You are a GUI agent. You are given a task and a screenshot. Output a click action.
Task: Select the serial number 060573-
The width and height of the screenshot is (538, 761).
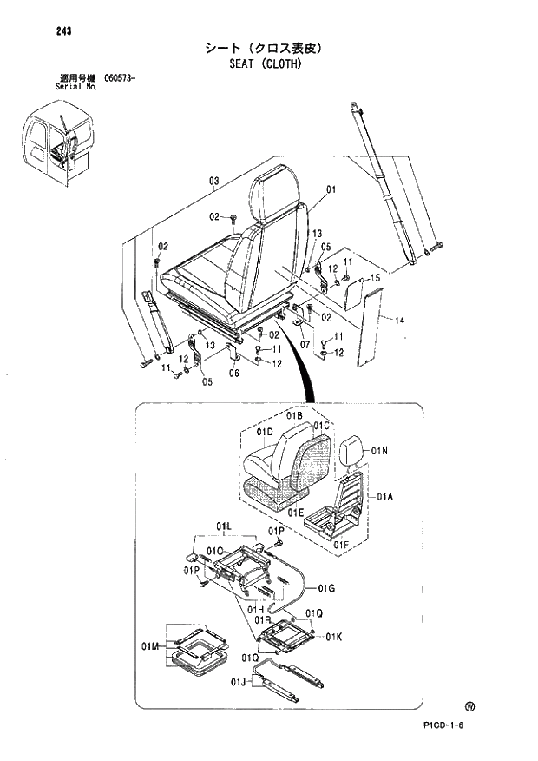tap(123, 79)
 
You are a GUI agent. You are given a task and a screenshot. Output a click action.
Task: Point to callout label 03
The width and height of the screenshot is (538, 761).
tap(213, 181)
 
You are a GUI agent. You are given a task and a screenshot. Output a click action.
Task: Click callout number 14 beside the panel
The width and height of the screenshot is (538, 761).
tap(399, 321)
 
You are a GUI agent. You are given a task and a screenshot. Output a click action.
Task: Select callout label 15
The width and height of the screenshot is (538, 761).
tap(376, 277)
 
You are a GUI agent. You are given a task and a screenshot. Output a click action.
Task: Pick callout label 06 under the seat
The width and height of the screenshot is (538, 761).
tap(233, 374)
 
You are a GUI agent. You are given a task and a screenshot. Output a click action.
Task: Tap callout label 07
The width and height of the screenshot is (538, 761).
tap(305, 345)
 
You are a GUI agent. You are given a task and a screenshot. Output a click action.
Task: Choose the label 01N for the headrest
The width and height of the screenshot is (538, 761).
tap(378, 451)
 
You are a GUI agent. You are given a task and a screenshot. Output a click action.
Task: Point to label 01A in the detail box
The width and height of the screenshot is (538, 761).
tap(385, 496)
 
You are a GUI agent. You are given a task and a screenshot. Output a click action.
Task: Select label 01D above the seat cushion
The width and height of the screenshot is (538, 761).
tap(266, 432)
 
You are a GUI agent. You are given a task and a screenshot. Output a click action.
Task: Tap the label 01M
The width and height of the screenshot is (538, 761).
tap(151, 647)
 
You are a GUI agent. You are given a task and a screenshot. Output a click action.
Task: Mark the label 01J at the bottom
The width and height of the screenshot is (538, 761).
tap(239, 682)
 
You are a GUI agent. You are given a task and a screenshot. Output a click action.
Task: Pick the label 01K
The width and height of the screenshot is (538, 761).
tap(334, 639)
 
